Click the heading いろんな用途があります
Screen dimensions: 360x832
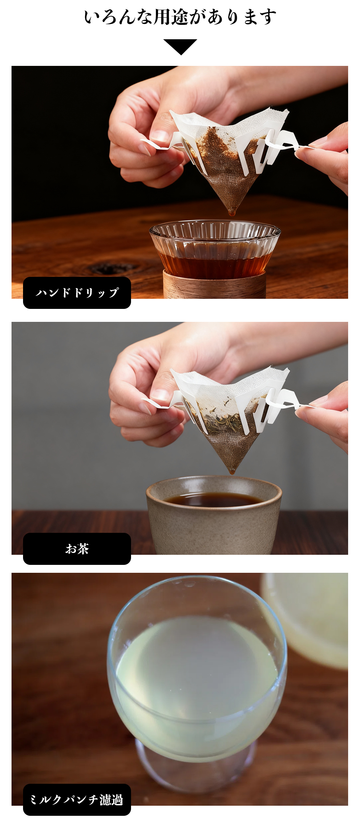180,17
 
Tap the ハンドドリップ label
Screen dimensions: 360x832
77,293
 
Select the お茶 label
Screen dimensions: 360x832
77,549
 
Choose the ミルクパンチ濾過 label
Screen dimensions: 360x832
77,800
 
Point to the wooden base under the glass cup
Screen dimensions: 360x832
215,286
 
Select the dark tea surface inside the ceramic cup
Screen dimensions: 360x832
214,500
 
